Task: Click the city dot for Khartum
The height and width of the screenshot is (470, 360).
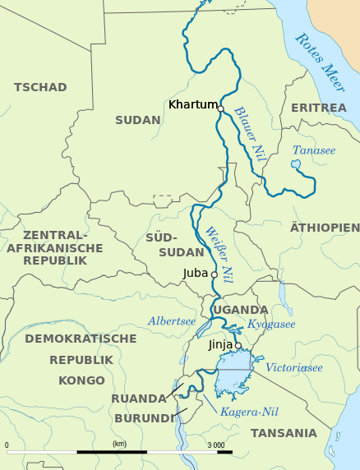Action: tap(220, 107)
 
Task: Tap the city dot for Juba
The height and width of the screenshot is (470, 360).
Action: tap(215, 274)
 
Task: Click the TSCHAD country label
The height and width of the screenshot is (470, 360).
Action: tap(40, 87)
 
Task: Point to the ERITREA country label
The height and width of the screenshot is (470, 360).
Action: tap(319, 108)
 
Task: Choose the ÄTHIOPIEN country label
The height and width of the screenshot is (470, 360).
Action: tap(325, 227)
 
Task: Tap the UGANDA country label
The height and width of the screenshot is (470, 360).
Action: tap(241, 310)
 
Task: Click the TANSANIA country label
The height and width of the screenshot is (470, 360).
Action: tap(284, 433)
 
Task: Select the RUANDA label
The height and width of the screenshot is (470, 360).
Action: tap(139, 399)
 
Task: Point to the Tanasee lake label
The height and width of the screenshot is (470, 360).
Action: tap(314, 150)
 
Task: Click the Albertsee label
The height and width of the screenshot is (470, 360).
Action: tap(173, 321)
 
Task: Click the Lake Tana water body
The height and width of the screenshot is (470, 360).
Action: tap(296, 166)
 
